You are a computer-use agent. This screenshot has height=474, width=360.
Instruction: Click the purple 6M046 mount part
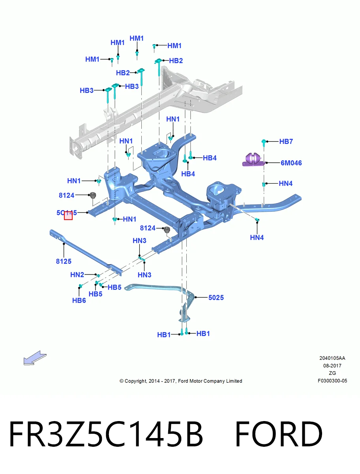253,160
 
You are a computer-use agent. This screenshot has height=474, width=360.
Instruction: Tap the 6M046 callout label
291,163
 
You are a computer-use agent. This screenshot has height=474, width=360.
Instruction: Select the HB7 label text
286,141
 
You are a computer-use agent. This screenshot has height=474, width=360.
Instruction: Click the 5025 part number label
216,297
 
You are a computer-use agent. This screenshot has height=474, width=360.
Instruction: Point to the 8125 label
64,261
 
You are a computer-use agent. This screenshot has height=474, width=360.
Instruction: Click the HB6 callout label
79,300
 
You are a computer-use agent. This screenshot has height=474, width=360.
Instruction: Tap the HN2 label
77,275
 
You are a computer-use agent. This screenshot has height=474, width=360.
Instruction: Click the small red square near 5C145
68,216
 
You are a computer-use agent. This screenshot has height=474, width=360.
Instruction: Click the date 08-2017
332,366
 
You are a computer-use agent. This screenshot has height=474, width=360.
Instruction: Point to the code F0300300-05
332,381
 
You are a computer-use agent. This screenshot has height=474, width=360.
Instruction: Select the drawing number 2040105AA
332,358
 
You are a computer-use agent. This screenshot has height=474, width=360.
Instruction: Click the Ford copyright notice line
181,381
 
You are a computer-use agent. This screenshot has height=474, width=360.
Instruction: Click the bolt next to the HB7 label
263,142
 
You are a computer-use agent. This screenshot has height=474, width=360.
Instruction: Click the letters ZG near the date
332,373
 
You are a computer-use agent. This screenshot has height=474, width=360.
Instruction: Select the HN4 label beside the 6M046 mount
285,183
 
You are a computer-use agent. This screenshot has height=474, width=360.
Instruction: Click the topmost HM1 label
137,38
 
